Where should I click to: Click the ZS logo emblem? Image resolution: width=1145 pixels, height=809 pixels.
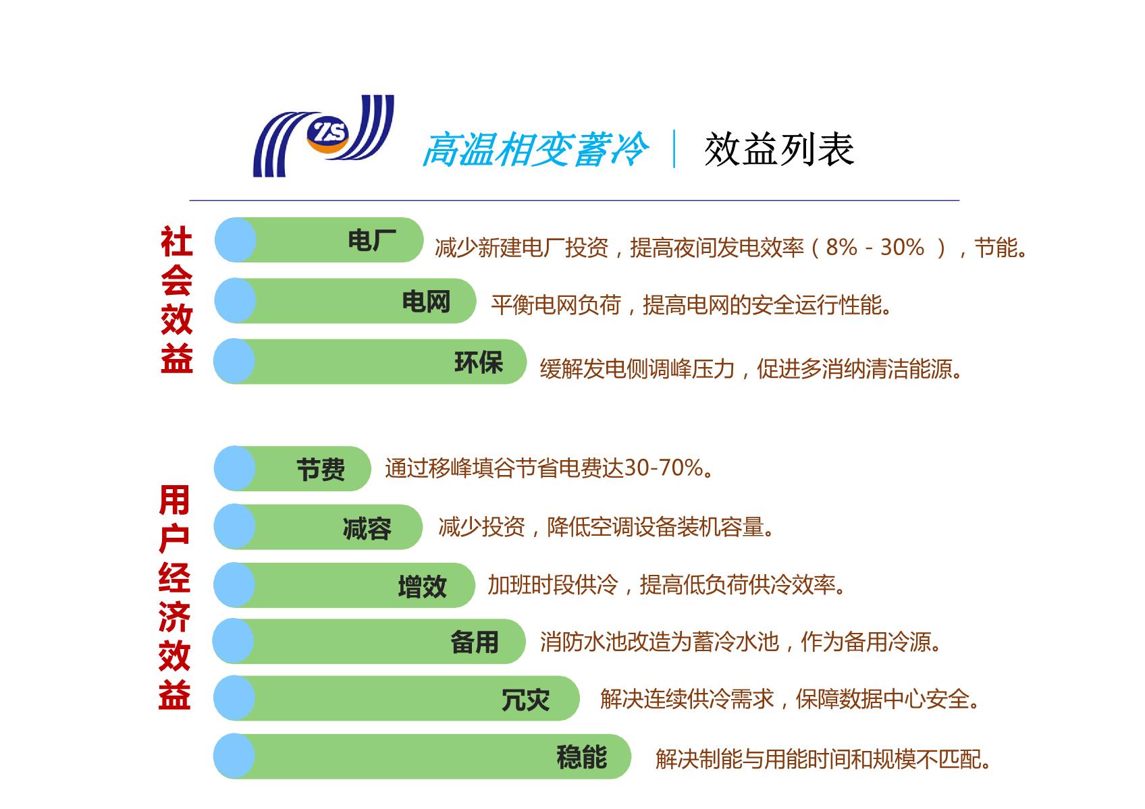click(x=323, y=136)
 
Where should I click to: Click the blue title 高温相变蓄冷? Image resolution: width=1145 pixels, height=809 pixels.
click(x=535, y=149)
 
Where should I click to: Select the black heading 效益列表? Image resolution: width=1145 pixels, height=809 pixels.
click(x=779, y=149)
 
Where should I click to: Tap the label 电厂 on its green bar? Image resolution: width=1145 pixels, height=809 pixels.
click(x=371, y=240)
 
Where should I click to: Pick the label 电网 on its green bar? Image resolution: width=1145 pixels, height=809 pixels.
click(x=426, y=302)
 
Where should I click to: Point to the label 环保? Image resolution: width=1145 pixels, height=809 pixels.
click(x=479, y=362)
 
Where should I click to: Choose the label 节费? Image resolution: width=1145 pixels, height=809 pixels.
click(x=321, y=470)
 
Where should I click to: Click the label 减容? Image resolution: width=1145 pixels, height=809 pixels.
click(x=367, y=528)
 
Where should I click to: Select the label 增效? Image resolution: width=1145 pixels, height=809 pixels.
click(x=422, y=586)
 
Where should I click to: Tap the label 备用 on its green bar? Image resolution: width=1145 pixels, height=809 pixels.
click(x=475, y=642)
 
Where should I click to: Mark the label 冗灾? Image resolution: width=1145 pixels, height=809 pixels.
click(x=525, y=700)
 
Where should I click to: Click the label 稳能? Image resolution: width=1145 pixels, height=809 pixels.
click(x=582, y=757)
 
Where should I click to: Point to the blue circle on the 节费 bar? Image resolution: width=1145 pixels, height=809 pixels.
click(x=235, y=468)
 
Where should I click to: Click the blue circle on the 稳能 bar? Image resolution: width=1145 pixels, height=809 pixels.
click(x=234, y=756)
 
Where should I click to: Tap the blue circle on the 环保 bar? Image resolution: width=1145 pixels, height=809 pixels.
click(x=234, y=361)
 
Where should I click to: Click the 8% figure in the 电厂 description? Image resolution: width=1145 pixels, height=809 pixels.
click(x=841, y=248)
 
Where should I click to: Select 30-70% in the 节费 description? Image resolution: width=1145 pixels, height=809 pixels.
click(x=664, y=468)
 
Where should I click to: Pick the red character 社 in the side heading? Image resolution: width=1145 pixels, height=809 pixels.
click(x=176, y=242)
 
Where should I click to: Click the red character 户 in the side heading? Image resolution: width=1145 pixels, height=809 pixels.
click(x=174, y=538)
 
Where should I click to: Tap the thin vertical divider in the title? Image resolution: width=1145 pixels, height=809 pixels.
click(x=674, y=148)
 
